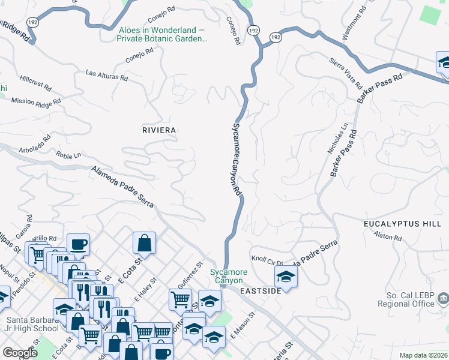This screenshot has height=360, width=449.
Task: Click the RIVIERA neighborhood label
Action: pos(159,130)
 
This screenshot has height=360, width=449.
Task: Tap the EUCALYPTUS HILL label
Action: pos(402,223)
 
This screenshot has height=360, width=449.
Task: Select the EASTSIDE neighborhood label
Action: pos(261,291)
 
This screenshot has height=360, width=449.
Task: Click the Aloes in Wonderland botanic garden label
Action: pos(162,34)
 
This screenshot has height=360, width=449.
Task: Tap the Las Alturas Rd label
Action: pos(107,76)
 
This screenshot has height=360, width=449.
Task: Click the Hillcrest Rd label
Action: pos(35,82)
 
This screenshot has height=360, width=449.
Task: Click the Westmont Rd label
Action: pos(354,24)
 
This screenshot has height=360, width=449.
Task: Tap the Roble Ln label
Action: pos(68,155)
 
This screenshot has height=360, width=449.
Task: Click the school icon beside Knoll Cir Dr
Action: pos(286,277)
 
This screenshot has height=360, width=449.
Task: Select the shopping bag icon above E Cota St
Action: pos(144,243)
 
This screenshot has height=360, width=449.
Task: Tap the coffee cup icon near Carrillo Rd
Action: pos(78,244)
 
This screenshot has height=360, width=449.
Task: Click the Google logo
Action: pos(20,353)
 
